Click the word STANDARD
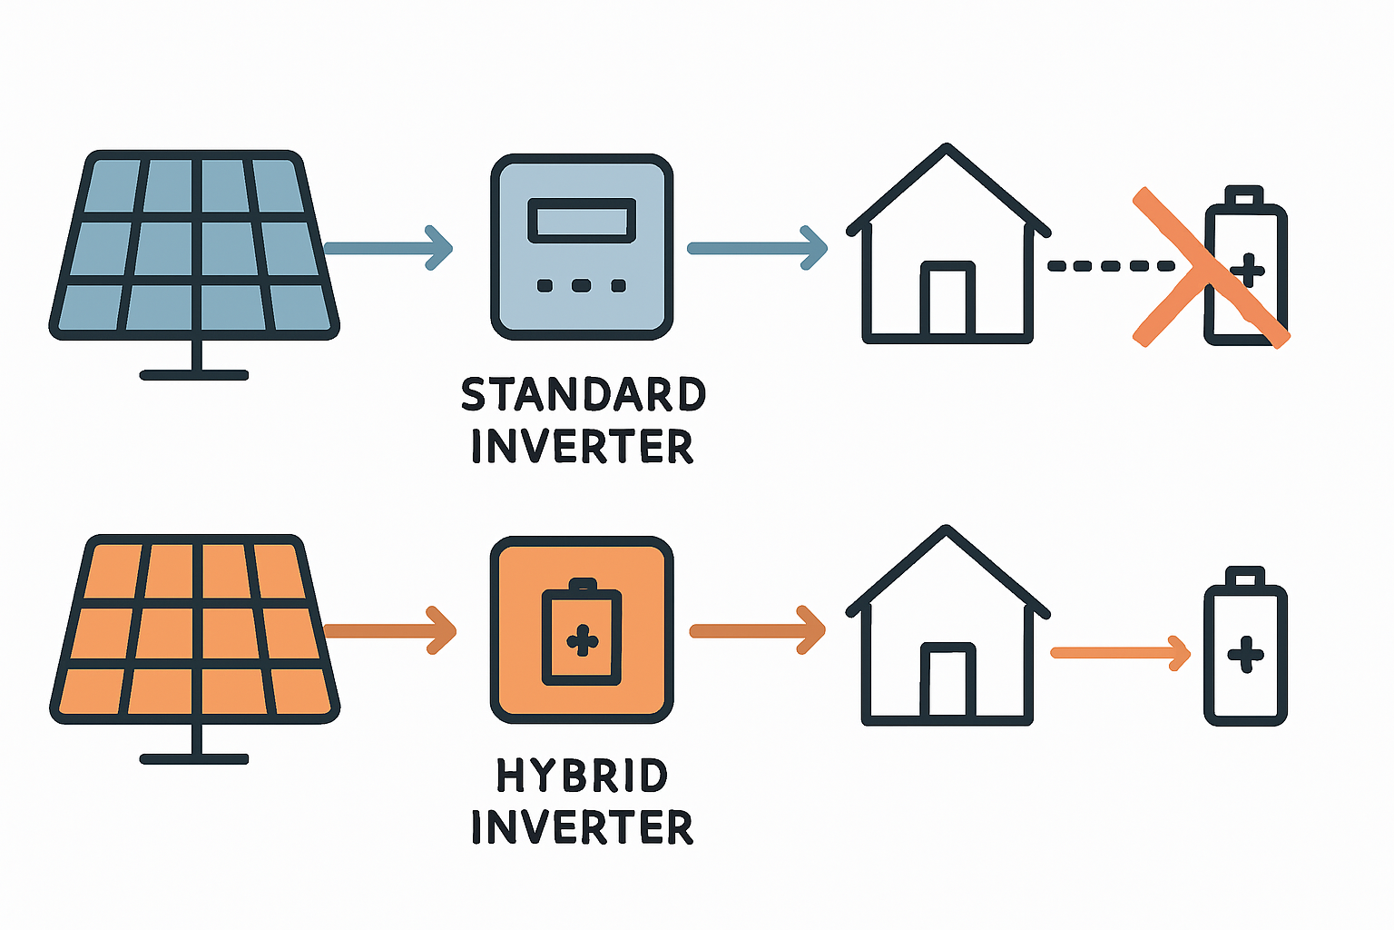(x=583, y=395)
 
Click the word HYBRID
(x=582, y=777)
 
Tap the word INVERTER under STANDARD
(x=582, y=447)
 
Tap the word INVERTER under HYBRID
(x=582, y=827)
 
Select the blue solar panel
(x=193, y=245)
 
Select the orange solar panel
(x=193, y=628)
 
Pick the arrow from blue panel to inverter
(x=388, y=247)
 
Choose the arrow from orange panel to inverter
(x=390, y=629)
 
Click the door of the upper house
(x=947, y=300)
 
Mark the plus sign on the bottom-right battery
(x=1245, y=654)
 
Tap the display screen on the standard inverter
(x=582, y=221)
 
